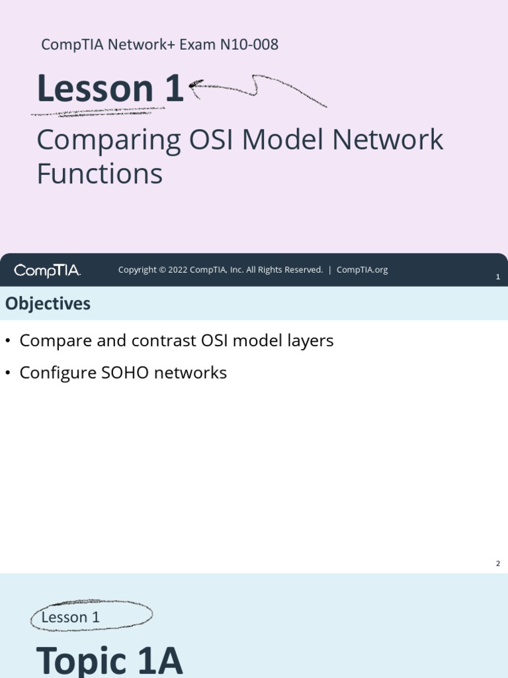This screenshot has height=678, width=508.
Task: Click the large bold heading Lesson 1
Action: point(110,89)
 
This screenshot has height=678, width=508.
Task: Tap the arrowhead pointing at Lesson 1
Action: point(193,85)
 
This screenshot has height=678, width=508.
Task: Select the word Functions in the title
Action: point(99,174)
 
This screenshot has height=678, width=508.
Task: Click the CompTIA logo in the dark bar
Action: point(47,270)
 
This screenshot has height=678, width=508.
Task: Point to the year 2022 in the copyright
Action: point(179,270)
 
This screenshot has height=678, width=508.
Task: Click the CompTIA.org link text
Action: point(362,270)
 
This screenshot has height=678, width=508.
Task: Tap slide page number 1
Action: point(497,277)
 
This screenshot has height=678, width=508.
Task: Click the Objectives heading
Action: point(48,304)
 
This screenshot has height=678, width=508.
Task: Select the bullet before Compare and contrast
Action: point(8,341)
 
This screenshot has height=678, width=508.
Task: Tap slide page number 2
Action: point(497,563)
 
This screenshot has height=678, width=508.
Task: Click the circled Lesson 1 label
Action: point(71,617)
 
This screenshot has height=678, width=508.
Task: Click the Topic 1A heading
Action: point(109,660)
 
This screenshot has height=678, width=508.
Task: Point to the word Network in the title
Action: point(387,141)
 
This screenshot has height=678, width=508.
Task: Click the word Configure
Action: point(58,373)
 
